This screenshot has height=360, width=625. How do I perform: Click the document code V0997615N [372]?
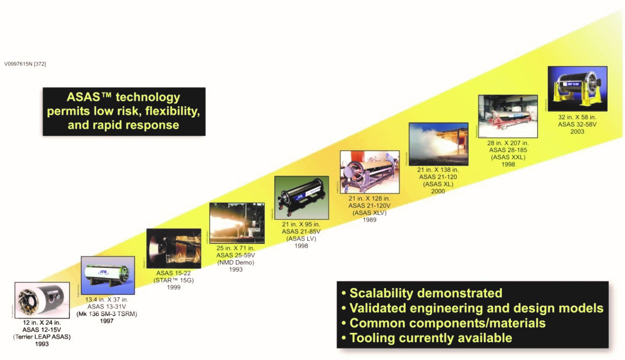coord(25,64)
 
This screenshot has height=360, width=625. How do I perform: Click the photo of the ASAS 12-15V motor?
coord(42,300)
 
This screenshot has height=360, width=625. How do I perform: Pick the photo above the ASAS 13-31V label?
coord(108,275)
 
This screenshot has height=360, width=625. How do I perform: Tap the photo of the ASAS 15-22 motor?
coord(173,249)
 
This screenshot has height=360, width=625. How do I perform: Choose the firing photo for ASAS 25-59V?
coord(237,223)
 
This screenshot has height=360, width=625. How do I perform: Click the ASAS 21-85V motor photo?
coord(302,197)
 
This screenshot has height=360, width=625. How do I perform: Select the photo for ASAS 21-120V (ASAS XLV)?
coord(370,172)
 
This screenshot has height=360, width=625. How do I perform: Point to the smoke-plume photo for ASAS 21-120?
coord(438,144)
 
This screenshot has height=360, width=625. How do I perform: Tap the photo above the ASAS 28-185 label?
coord(508,116)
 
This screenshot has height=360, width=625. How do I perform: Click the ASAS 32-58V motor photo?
coord(578,89)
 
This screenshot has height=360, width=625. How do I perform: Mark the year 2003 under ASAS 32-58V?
coord(577,132)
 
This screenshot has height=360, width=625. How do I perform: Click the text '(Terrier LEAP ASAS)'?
coord(42,337)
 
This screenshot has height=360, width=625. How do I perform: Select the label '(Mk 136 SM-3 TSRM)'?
coord(107,314)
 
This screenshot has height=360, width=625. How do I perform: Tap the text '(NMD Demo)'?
coord(236,262)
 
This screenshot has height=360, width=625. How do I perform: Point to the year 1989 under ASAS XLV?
coord(370,220)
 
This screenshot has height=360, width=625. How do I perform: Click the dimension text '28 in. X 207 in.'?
coord(508,143)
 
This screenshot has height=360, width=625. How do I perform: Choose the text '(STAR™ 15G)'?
coord(173,280)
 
